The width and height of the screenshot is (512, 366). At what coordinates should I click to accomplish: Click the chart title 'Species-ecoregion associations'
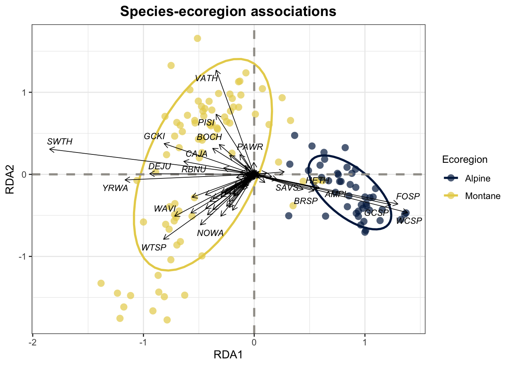(228, 11)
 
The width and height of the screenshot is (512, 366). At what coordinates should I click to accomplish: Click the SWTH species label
(60, 142)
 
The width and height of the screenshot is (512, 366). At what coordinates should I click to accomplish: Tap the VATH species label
(206, 79)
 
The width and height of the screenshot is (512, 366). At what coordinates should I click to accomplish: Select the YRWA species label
(115, 188)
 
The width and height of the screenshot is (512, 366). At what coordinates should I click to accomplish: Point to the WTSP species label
(154, 248)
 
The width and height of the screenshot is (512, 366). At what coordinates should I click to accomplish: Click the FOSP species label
(408, 196)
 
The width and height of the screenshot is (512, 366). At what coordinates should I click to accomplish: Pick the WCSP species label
(409, 221)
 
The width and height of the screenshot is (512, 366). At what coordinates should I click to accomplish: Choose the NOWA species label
(210, 233)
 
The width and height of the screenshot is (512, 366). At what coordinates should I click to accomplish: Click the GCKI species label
(154, 136)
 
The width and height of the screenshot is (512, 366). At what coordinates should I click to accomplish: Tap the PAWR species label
(250, 147)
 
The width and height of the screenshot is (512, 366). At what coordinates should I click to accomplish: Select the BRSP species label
(306, 201)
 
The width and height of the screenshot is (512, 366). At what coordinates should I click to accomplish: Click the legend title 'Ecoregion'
(464, 159)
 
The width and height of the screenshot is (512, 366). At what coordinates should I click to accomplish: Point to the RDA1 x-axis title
(228, 355)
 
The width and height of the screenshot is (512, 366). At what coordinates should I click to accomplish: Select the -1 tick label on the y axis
(23, 256)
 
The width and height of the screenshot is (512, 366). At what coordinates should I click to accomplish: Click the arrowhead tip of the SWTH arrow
(50, 149)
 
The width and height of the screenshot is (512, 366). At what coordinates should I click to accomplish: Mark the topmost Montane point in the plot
(197, 39)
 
